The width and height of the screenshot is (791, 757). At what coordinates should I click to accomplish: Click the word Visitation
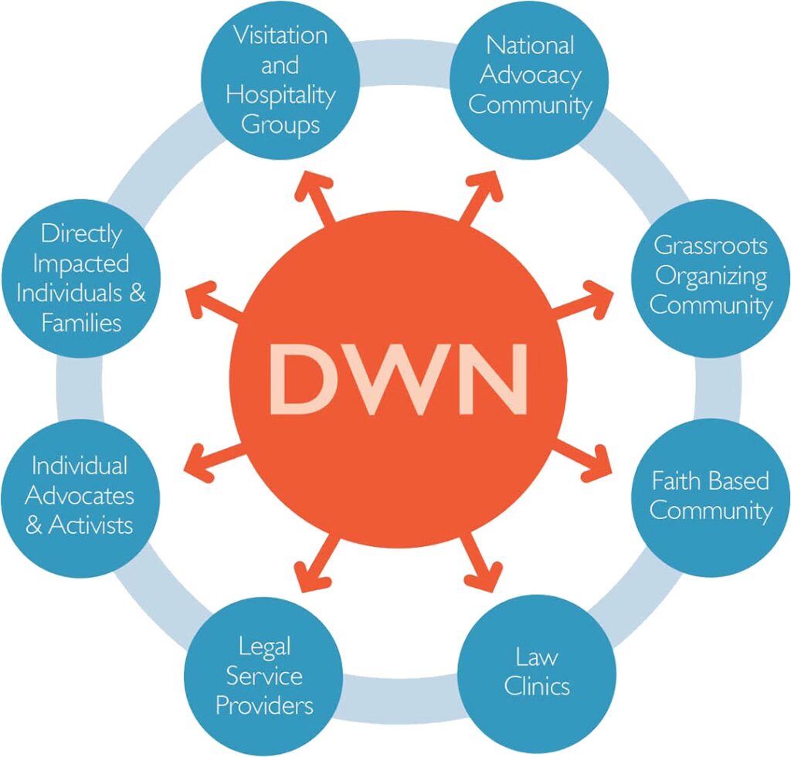pos(280,36)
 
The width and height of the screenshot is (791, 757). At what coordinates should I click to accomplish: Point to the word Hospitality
pos(280,96)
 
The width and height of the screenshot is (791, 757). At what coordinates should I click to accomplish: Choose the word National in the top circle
pos(530,45)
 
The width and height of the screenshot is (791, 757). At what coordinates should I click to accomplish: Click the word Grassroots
pos(711,246)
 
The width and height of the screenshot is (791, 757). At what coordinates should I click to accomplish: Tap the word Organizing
pos(711,275)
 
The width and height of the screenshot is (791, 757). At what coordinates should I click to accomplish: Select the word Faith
pos(677,480)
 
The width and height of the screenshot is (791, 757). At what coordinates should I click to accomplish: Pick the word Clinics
pos(537,686)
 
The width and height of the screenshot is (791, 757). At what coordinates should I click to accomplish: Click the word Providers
pos(264,704)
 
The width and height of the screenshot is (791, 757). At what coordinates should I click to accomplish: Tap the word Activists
pos(90,525)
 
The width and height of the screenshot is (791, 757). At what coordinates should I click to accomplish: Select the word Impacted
pos(81,263)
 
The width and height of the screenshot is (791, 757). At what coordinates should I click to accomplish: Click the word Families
pos(81,322)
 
